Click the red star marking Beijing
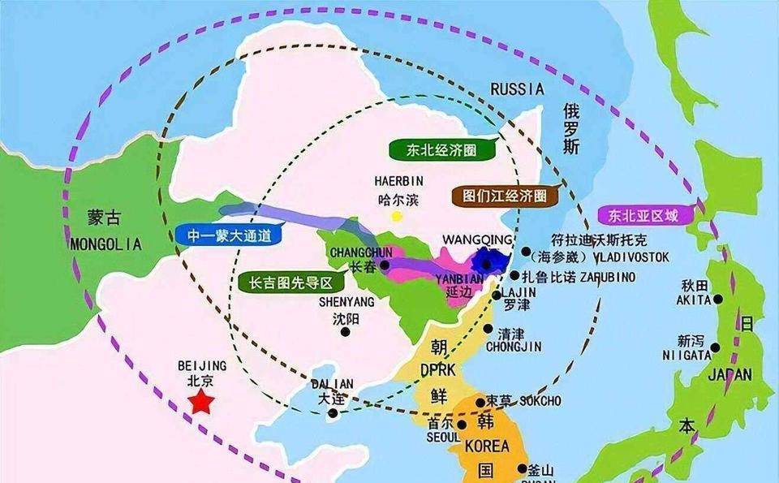(x=200, y=401)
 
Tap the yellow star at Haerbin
(x=397, y=216)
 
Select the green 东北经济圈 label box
(x=431, y=150)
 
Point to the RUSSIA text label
(x=518, y=88)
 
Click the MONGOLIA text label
(x=105, y=244)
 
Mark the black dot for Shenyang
(x=346, y=331)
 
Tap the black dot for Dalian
(x=333, y=413)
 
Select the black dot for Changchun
(x=385, y=265)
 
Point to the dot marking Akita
(x=717, y=300)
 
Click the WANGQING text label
(x=477, y=239)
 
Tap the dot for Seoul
(x=462, y=424)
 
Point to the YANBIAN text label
(x=464, y=277)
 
